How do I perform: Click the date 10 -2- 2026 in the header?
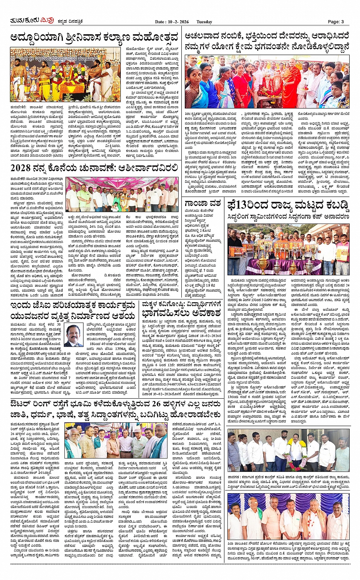pos(177,22)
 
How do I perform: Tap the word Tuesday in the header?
pos(204,22)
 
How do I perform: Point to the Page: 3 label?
pos(336,22)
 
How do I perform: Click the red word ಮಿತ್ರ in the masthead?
pos(47,21)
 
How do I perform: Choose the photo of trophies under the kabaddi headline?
pos(288,249)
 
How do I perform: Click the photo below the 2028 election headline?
pos(122,194)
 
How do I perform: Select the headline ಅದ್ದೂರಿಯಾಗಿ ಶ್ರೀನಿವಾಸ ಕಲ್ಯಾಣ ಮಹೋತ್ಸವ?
pos(94,38)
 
